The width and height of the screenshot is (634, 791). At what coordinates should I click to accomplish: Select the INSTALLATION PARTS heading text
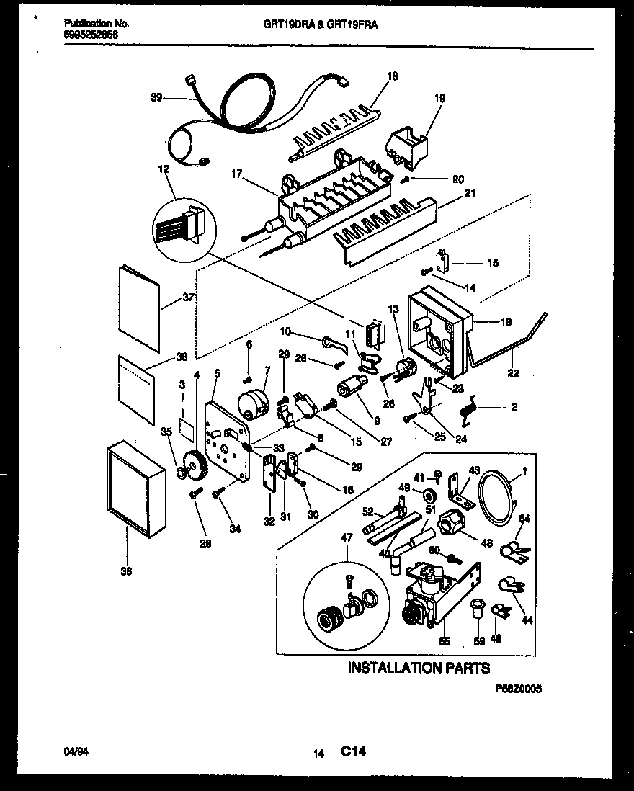pyautogui.click(x=419, y=668)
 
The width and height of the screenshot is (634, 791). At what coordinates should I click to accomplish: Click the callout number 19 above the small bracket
pyautogui.click(x=439, y=98)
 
